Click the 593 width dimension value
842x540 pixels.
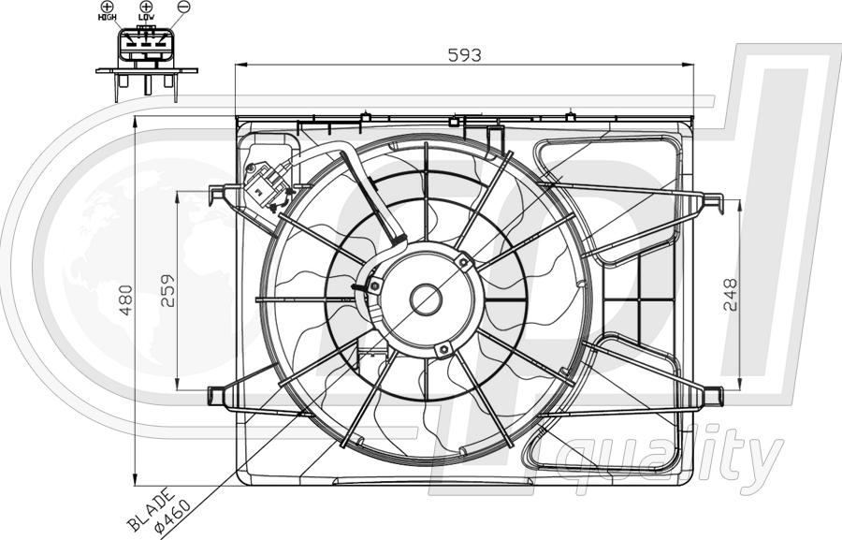(464, 55)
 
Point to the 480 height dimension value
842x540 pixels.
(125, 299)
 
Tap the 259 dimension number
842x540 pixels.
(168, 291)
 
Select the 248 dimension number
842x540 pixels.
(731, 295)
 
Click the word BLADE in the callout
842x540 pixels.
(151, 509)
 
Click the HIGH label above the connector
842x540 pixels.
(108, 17)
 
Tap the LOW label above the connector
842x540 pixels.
(146, 17)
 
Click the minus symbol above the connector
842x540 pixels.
(183, 7)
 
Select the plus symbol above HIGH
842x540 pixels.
(108, 7)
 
